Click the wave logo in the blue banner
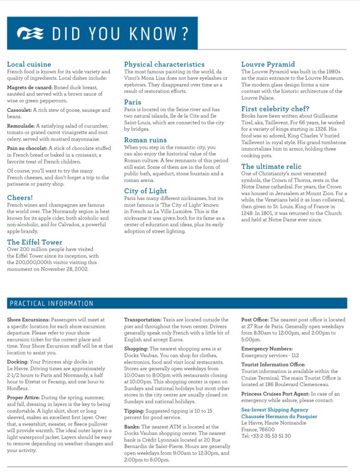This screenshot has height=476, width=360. (x=30, y=33)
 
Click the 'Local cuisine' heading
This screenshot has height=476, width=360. (x=29, y=64)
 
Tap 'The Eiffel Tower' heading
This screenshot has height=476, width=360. (x=35, y=242)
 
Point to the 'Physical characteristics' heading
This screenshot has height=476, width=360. (x=164, y=64)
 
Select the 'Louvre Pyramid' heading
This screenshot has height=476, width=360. (x=268, y=64)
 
